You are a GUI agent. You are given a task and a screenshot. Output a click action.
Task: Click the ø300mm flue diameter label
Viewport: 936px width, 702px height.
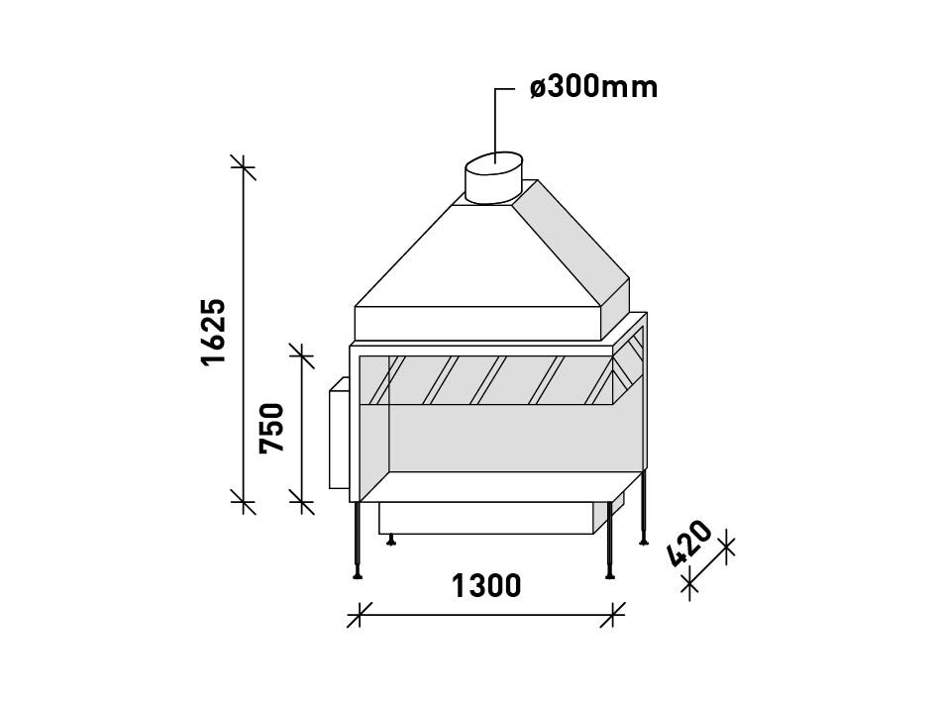point(594,87)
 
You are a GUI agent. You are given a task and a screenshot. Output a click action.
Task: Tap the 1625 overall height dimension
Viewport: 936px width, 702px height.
point(214,332)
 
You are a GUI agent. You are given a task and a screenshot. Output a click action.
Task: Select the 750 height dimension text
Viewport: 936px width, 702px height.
point(271,429)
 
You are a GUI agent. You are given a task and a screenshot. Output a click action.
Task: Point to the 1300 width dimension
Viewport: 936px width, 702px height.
point(486,585)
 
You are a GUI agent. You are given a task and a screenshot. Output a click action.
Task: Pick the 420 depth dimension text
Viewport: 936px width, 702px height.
point(689,544)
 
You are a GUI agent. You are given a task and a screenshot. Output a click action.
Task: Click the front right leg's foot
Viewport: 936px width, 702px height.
point(610,574)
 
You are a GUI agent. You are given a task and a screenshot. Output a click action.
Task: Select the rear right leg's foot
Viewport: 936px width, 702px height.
point(644,541)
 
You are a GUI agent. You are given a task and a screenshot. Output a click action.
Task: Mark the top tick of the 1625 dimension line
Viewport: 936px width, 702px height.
point(243,167)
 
